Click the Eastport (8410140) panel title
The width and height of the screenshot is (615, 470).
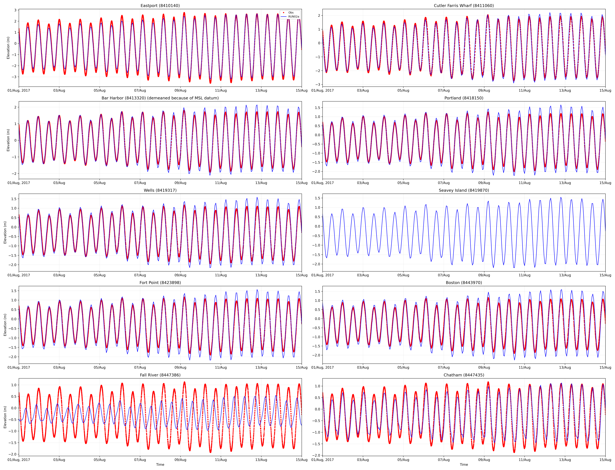tap(160, 6)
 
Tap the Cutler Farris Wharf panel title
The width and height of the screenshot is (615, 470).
tap(464, 6)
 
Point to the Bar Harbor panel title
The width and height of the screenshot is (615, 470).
tap(160, 98)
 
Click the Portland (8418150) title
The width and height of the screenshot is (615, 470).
tap(464, 98)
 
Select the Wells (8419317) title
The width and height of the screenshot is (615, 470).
tap(160, 190)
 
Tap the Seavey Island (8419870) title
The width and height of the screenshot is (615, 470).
tap(464, 190)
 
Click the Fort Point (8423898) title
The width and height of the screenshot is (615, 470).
tap(160, 283)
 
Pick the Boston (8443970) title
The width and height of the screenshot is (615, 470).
tap(464, 283)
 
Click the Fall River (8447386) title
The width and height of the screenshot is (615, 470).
tap(160, 375)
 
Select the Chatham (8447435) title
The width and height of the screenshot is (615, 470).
tap(464, 375)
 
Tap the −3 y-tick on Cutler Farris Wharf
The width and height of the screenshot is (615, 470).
tap(318, 85)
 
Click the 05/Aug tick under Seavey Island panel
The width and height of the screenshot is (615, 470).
tap(403, 275)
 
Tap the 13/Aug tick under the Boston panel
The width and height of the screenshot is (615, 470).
tap(565, 367)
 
